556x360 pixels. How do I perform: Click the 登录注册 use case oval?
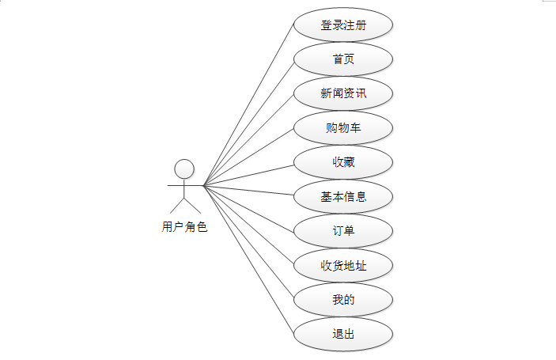pos(343,25)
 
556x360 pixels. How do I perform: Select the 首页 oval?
pos(343,59)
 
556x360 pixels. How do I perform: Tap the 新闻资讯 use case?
pos(343,93)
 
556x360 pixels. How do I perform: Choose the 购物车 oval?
pos(343,127)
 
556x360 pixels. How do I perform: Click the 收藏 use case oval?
pos(343,162)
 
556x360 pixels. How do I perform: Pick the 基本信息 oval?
pos(343,196)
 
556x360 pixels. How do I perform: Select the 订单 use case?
pos(343,230)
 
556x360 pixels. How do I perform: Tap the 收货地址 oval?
pos(343,265)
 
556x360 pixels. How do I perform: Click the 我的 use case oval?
pos(343,299)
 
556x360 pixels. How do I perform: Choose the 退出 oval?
pos(343,334)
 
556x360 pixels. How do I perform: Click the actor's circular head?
pos(184,169)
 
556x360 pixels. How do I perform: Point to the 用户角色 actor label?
pos(184,228)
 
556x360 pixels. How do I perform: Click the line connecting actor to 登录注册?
pos(249,105)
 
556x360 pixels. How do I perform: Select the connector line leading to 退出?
pos(249,259)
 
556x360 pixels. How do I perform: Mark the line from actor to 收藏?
pos(249,174)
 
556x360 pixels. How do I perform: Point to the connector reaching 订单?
pos(249,208)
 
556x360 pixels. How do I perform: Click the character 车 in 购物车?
pos(355,127)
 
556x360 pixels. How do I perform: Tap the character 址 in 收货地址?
pos(361,265)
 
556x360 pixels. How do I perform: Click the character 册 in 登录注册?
pos(361,25)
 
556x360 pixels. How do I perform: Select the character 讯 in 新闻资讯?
pos(361,93)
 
